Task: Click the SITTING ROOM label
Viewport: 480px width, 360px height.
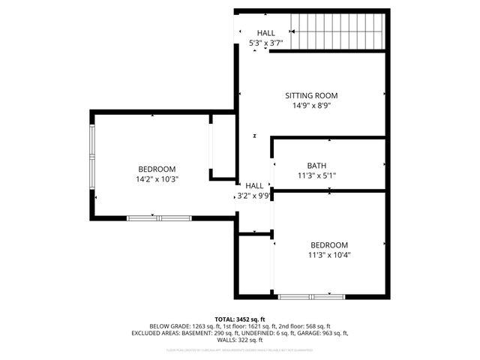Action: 311,95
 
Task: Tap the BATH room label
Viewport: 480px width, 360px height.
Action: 317,166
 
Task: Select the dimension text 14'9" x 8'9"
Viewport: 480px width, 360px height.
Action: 311,106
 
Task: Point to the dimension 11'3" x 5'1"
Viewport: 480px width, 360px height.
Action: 317,176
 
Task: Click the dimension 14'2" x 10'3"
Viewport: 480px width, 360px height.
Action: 157,179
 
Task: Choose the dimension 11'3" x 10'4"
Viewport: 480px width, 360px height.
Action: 330,255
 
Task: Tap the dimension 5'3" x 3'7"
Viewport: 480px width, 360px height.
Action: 266,44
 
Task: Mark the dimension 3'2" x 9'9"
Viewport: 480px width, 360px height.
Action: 254,196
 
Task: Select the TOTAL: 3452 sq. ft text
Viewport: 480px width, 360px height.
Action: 239,319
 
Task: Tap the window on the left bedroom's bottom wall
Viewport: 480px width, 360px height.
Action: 158,217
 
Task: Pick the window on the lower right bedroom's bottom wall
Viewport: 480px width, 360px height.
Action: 311,297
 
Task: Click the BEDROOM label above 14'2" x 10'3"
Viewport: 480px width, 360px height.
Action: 157,169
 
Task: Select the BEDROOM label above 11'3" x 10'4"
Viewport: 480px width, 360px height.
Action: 330,245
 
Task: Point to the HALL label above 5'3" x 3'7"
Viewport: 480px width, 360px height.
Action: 266,34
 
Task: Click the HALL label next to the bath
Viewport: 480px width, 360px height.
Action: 254,186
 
